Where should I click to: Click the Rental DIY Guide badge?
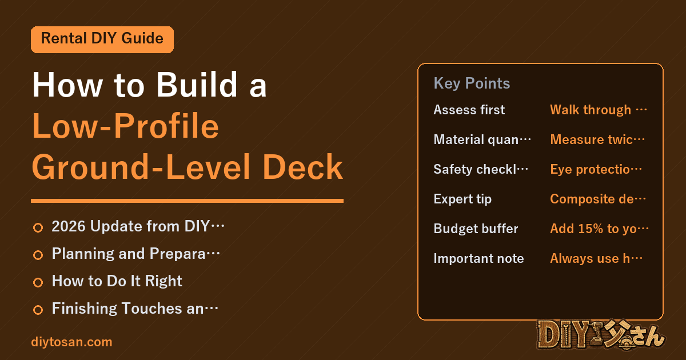tap(102, 39)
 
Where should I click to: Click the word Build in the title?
tap(197, 85)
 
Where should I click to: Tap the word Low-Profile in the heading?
tap(126, 126)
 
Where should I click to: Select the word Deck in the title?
tap(302, 167)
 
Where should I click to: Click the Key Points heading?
tap(472, 83)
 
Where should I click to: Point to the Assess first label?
tap(469, 110)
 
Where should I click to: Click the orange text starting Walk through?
tap(599, 110)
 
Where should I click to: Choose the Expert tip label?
tap(462, 199)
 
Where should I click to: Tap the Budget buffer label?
tap(476, 229)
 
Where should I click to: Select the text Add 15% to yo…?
tap(599, 229)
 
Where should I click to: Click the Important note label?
tap(478, 258)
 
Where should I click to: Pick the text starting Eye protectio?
tap(596, 169)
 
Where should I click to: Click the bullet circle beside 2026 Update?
tap(38, 227)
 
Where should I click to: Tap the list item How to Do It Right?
tap(117, 281)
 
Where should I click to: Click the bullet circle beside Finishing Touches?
tap(38, 310)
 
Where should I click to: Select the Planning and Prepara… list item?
tap(135, 254)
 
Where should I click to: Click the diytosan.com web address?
tap(71, 342)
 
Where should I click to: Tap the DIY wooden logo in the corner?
tap(601, 335)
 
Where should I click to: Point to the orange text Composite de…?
tap(598, 199)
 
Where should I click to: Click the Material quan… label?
tap(482, 139)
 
